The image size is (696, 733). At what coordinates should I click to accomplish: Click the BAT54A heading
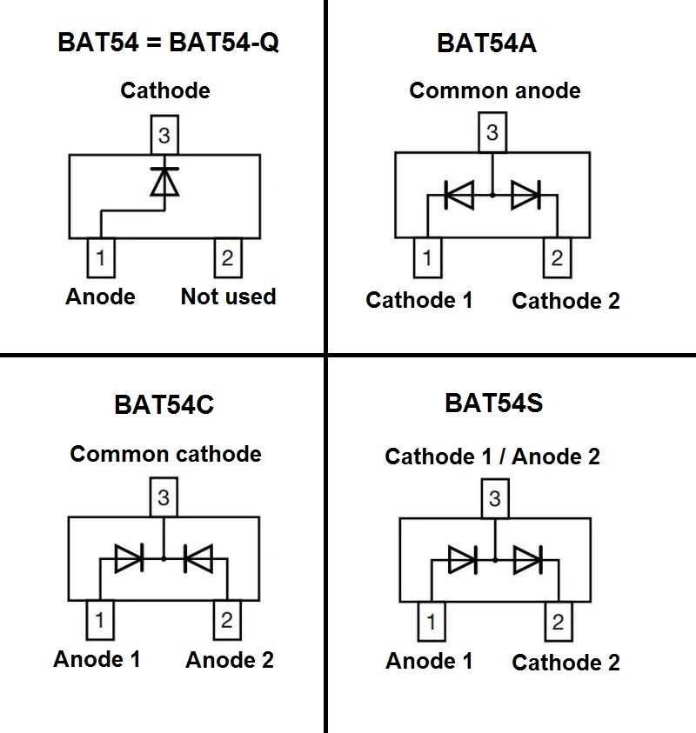click(x=486, y=43)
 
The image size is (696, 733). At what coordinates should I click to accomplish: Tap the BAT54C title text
click(x=164, y=405)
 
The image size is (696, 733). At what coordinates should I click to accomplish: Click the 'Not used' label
click(x=228, y=297)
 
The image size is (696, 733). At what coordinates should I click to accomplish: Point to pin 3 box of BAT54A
click(x=492, y=134)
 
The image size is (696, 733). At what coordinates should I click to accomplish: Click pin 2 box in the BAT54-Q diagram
click(x=227, y=257)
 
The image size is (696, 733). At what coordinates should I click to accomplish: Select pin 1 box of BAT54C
click(x=100, y=620)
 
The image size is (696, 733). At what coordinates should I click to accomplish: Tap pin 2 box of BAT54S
click(x=557, y=623)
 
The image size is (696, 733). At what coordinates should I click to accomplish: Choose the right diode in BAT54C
click(x=198, y=559)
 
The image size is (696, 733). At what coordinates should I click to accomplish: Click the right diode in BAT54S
click(x=527, y=559)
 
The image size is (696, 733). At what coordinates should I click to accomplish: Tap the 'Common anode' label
click(x=494, y=90)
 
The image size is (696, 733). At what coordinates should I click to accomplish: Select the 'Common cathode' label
click(x=165, y=454)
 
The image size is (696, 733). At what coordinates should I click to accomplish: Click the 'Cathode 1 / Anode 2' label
click(x=492, y=456)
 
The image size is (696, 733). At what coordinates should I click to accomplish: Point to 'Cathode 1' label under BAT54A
click(x=419, y=301)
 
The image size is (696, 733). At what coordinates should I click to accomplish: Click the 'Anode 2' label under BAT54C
click(x=230, y=660)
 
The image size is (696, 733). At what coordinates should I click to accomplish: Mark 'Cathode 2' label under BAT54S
click(x=565, y=663)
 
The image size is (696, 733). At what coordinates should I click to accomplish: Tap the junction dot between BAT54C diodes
click(x=164, y=559)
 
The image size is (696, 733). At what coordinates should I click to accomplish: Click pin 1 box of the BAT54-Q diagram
click(x=101, y=257)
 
